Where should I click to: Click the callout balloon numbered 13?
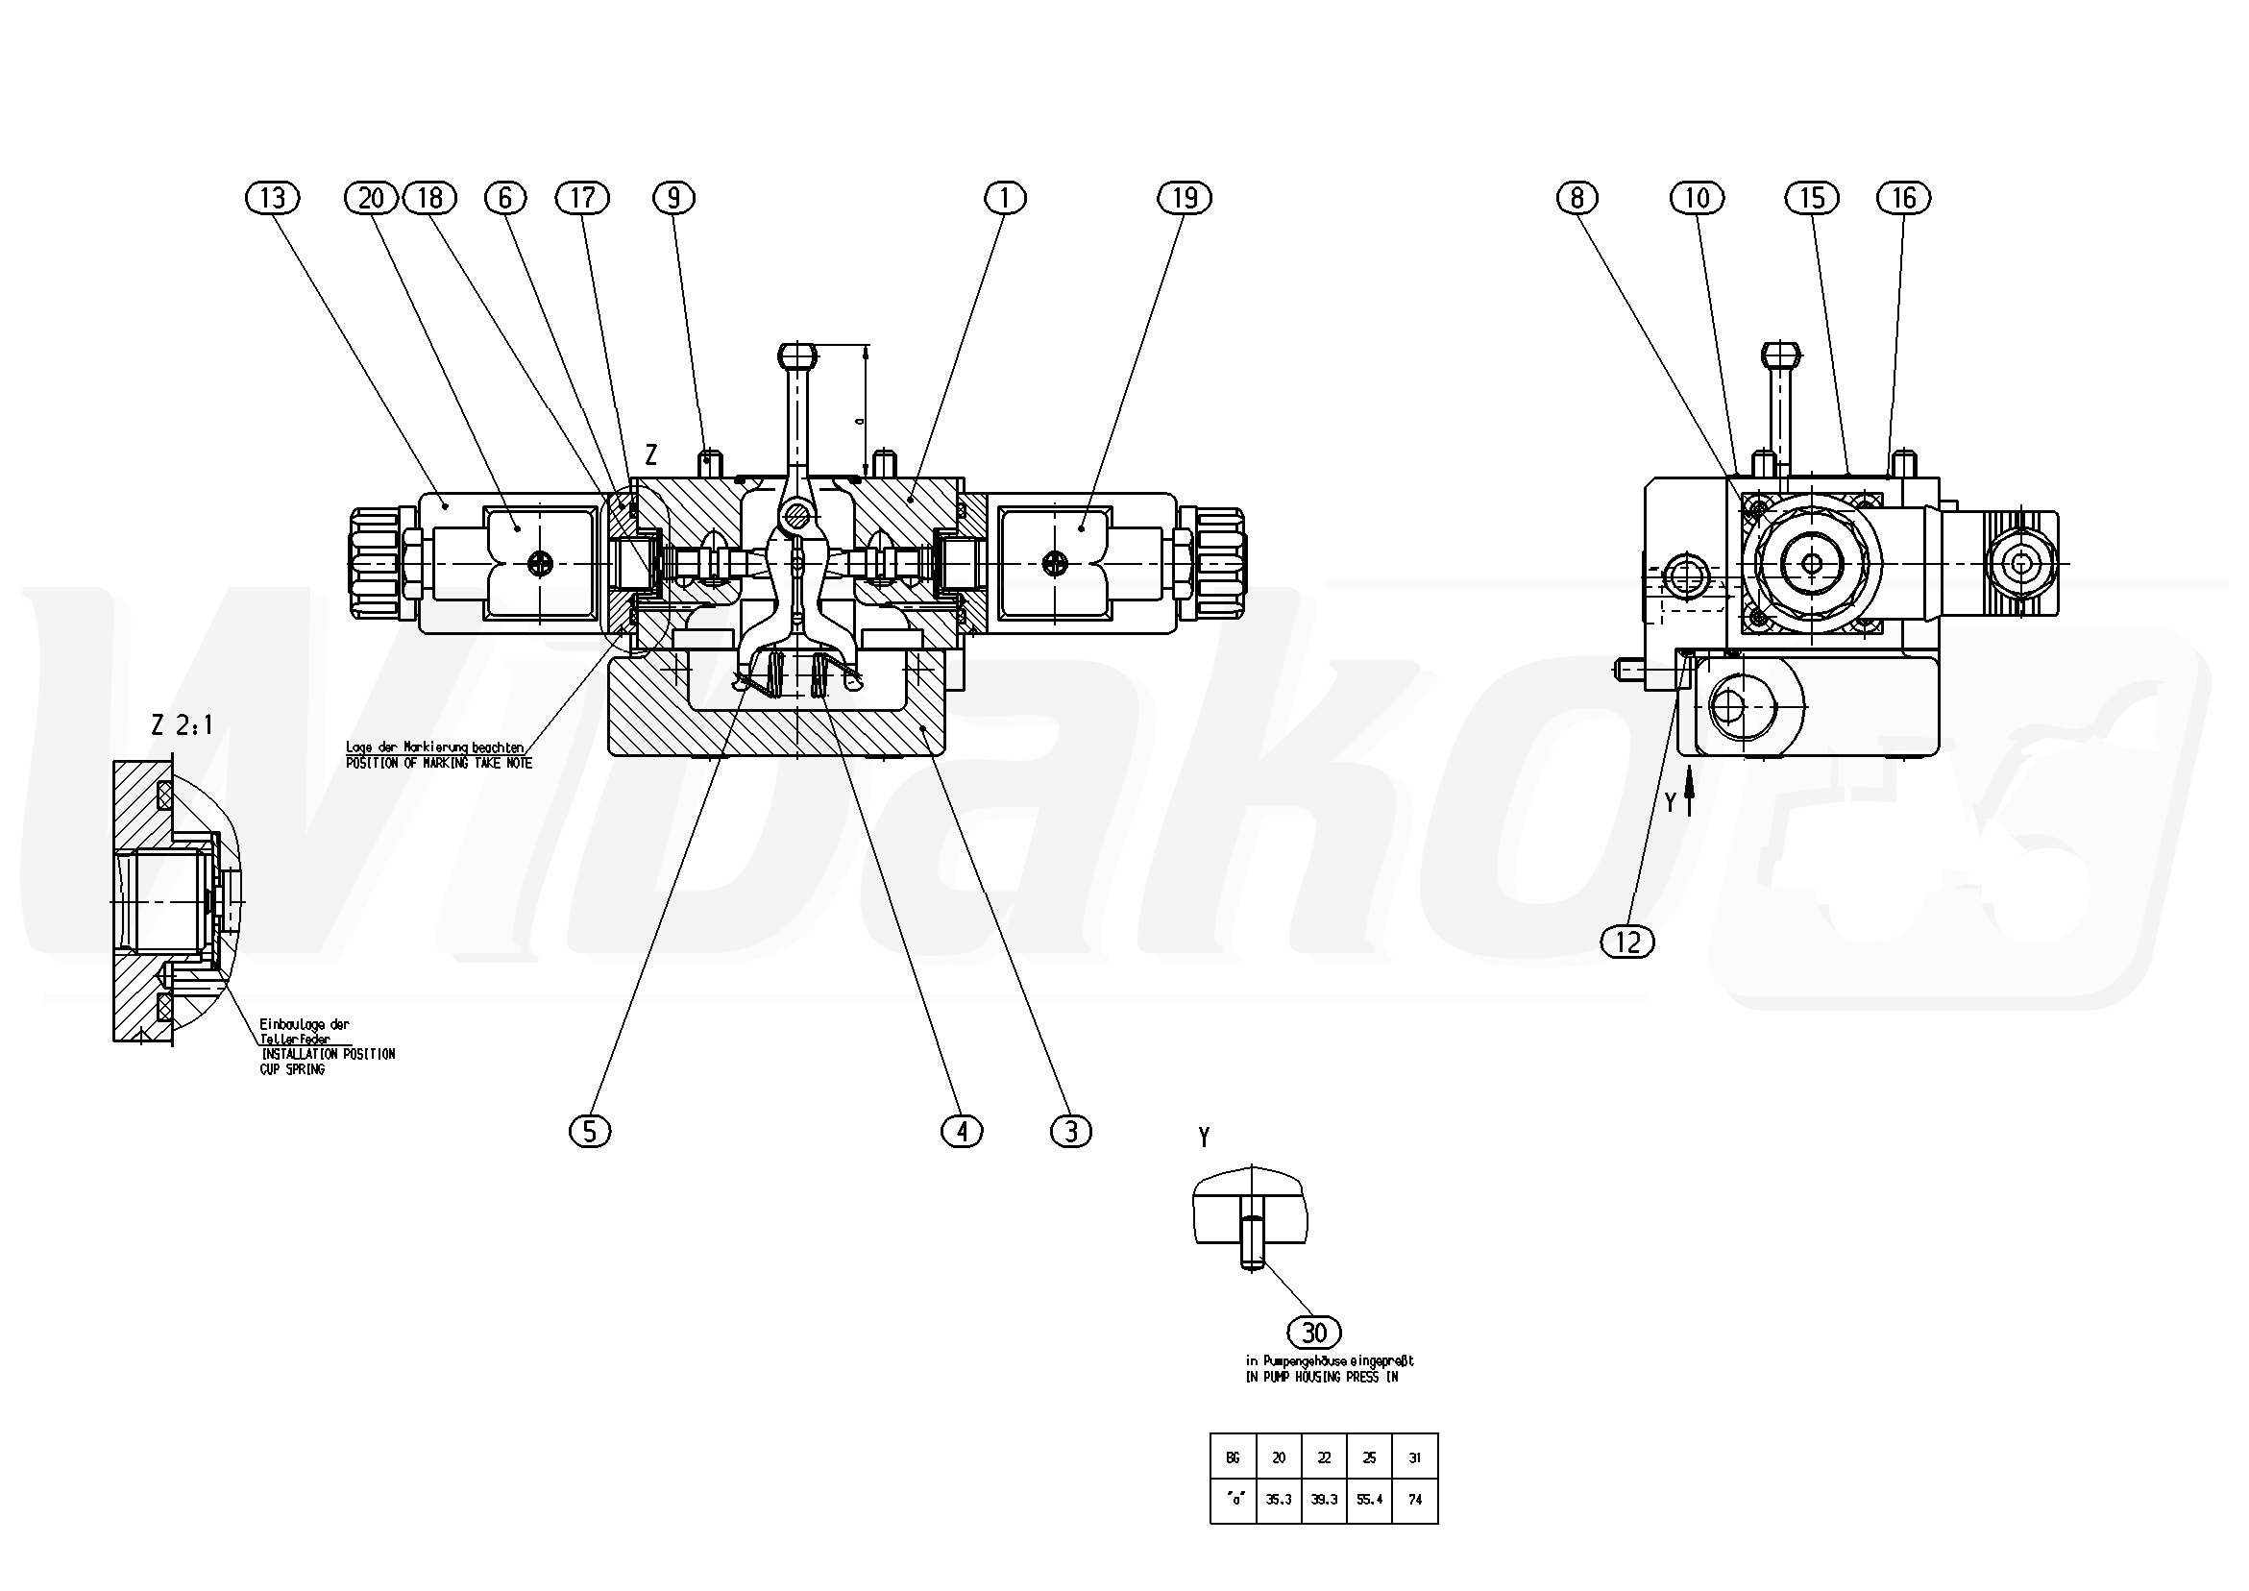(x=272, y=198)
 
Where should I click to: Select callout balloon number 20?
(x=371, y=198)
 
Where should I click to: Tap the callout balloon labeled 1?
(x=1005, y=198)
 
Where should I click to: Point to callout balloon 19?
(x=1186, y=198)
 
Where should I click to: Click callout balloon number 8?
(x=1577, y=198)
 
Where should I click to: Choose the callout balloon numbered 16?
(x=1903, y=198)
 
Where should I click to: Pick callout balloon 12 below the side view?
(x=1627, y=942)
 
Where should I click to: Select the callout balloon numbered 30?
(x=1313, y=1333)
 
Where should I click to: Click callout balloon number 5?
(x=590, y=1132)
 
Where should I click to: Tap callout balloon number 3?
(x=1070, y=1132)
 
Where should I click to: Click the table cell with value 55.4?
(x=1369, y=1500)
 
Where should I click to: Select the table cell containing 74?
(x=1414, y=1500)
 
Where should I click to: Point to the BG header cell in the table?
(x=1233, y=1457)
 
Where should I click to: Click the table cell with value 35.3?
(x=1279, y=1500)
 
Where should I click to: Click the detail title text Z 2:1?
(x=183, y=725)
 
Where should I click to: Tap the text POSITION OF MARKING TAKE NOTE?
(x=439, y=762)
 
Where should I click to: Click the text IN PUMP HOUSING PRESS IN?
(x=1321, y=1377)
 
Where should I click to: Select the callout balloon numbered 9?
(x=673, y=198)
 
